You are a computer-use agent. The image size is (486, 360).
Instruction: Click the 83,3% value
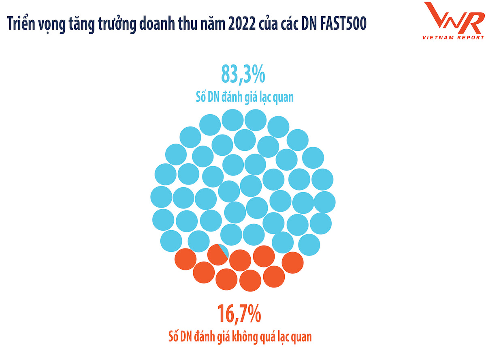pos(243,75)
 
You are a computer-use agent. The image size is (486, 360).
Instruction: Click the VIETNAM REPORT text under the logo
pos(453,37)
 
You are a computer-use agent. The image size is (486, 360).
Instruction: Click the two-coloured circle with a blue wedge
pos(218,254)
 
